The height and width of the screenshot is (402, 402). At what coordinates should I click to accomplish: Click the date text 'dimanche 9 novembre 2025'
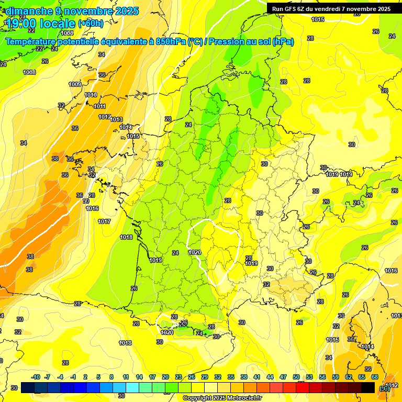click(72, 11)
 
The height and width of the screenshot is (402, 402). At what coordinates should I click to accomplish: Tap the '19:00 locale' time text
click(40, 23)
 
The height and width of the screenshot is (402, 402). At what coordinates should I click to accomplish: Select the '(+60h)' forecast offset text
click(91, 24)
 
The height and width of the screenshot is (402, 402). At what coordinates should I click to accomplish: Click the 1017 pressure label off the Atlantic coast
click(104, 221)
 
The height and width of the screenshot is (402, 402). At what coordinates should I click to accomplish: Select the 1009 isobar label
click(75, 84)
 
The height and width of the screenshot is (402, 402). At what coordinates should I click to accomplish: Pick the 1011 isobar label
click(99, 106)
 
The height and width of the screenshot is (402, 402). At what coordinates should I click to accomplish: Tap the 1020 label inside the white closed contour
click(195, 253)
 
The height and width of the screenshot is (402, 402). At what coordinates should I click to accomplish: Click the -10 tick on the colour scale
click(36, 377)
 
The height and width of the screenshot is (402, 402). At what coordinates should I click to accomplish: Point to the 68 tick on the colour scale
click(375, 377)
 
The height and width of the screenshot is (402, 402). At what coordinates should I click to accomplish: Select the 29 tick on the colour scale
click(205, 377)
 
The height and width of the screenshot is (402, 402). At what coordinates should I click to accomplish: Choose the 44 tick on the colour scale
click(270, 377)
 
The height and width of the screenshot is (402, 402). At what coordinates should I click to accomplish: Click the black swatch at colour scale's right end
click(368, 387)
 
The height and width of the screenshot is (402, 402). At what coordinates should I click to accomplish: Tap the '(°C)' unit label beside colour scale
click(385, 388)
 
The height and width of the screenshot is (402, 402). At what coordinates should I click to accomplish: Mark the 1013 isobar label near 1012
click(116, 119)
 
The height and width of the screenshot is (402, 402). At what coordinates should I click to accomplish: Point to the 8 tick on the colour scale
click(111, 377)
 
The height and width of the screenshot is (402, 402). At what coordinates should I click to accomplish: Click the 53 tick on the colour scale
click(309, 377)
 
